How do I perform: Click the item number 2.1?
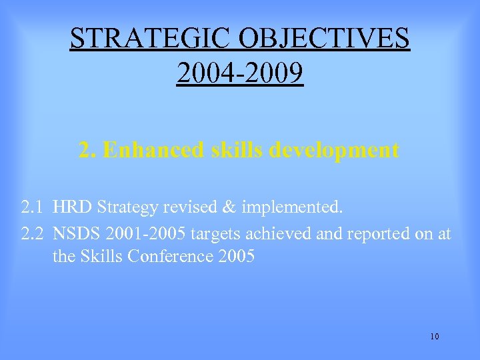coord(33,207)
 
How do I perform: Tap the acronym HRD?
coord(72,207)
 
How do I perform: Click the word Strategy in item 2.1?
coord(125,208)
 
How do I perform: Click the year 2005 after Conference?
coord(237,256)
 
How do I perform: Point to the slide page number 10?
coord(435,336)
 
